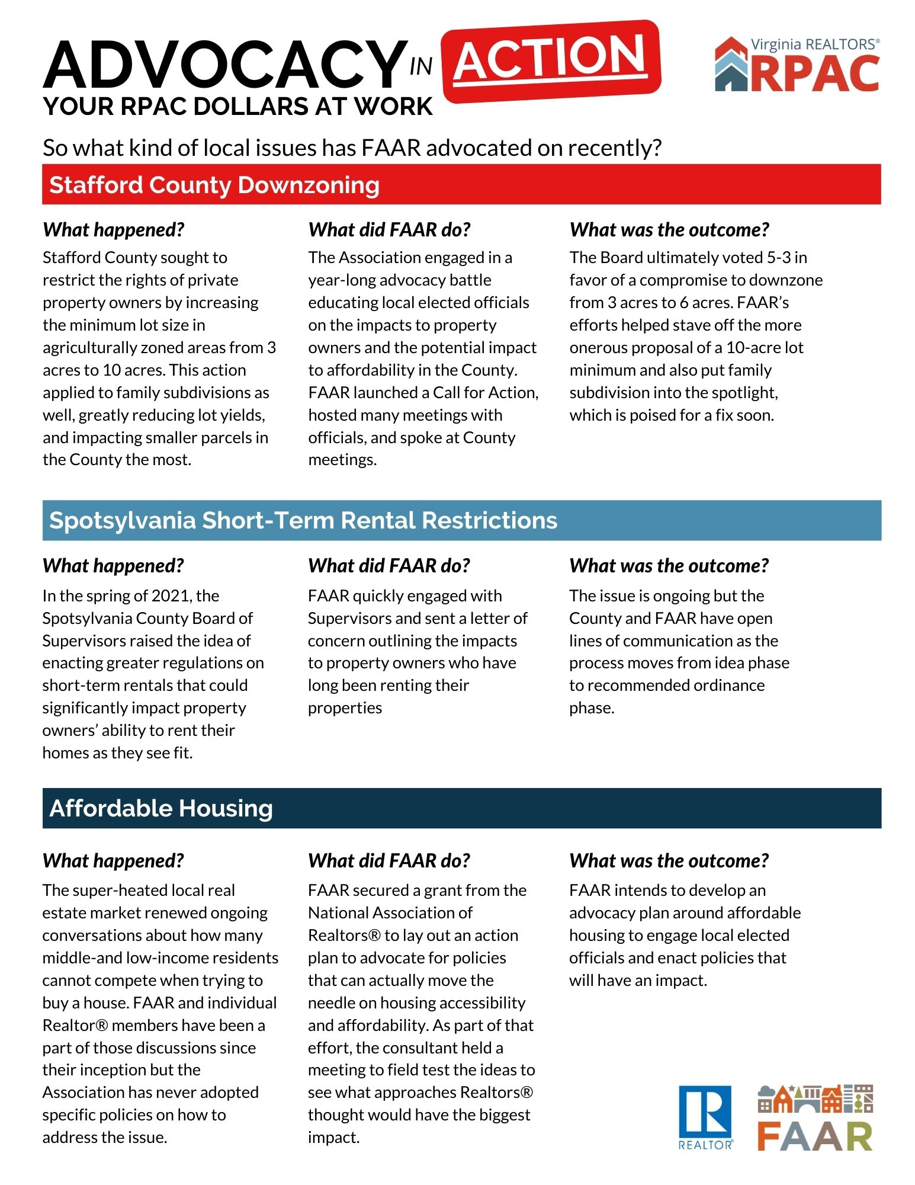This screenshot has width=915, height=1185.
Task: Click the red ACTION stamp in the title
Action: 551,59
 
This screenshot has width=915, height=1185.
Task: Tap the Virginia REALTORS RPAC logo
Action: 797,65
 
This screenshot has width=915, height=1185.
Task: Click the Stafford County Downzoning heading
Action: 214,185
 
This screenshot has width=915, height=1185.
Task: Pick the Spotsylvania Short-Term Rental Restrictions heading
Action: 303,520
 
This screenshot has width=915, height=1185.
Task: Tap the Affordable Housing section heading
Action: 161,808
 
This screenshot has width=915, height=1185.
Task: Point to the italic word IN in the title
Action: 420,67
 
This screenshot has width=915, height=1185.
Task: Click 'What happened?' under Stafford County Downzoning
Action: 114,230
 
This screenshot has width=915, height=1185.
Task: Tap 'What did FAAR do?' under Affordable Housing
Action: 389,860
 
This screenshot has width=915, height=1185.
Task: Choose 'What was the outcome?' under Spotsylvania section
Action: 669,566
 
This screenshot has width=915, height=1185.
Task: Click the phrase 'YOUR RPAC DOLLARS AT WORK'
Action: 238,107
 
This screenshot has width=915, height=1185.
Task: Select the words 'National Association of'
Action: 390,913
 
